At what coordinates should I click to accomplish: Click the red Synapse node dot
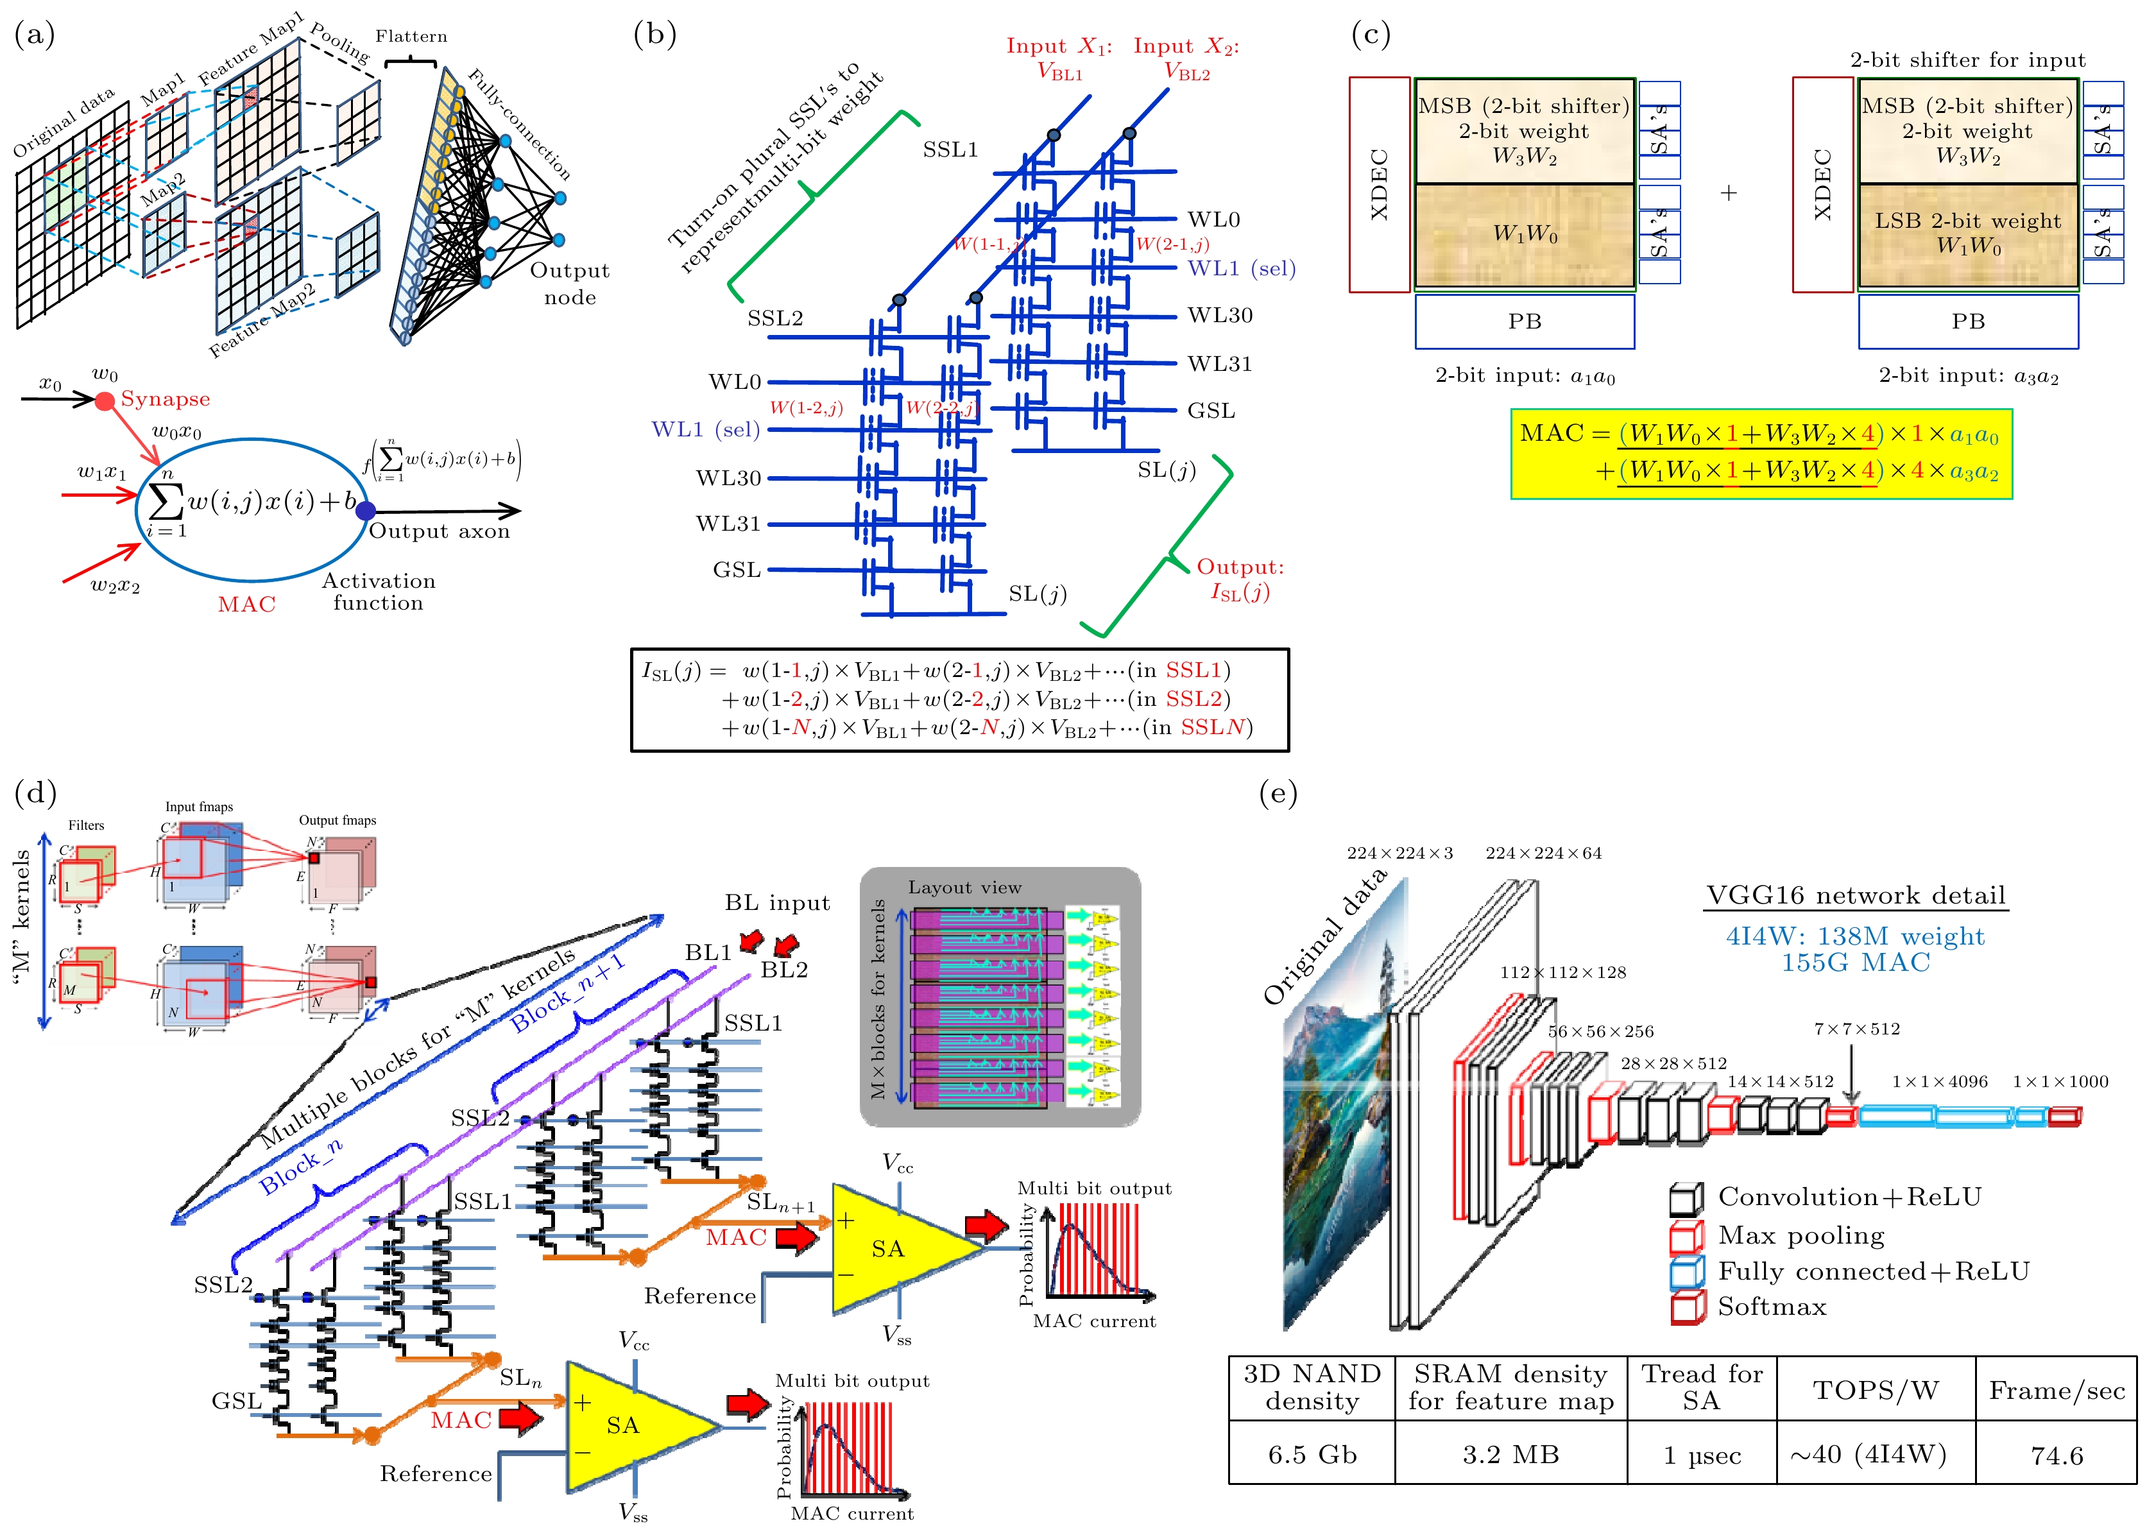click(x=105, y=401)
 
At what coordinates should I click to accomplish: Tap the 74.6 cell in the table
click(x=2057, y=1455)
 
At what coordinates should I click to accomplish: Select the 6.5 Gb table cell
click(x=1312, y=1455)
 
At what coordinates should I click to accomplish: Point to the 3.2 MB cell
click(x=1510, y=1455)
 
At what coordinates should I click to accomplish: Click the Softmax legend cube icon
click(x=1687, y=1308)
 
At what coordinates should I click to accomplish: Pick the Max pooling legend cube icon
click(x=1687, y=1237)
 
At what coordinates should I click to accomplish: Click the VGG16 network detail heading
click(x=1856, y=895)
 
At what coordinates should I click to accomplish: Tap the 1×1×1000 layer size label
click(x=2060, y=1081)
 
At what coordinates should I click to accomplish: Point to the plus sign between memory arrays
click(x=1729, y=193)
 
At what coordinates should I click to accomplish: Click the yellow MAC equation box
click(x=1761, y=454)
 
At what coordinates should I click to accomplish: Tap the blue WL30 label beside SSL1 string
click(x=1220, y=314)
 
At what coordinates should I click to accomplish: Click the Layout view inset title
click(x=965, y=888)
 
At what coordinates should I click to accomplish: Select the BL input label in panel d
click(x=778, y=903)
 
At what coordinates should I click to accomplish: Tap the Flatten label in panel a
click(x=411, y=37)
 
